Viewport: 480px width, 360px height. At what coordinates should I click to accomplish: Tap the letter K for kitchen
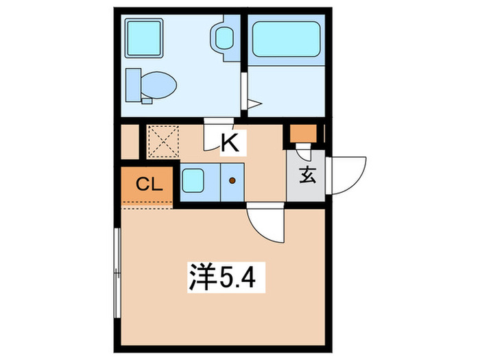pyautogui.click(x=229, y=143)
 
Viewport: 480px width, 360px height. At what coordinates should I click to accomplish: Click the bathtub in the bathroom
pyautogui.click(x=285, y=38)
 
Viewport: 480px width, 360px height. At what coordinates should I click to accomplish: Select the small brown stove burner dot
pyautogui.click(x=231, y=181)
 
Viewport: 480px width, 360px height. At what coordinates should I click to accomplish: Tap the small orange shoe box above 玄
pyautogui.click(x=302, y=133)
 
